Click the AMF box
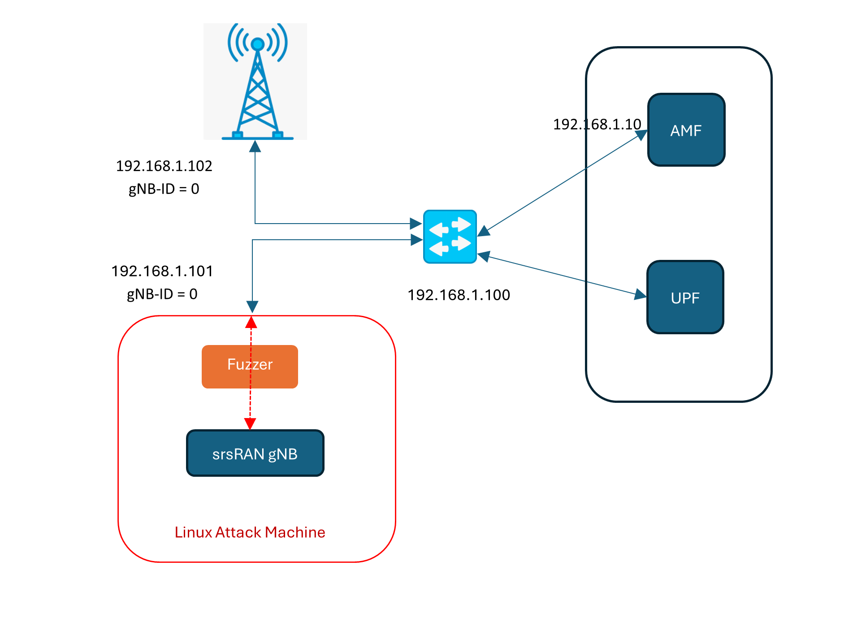(x=686, y=130)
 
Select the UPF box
(x=685, y=297)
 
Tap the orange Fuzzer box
(x=250, y=366)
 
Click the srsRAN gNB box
(x=255, y=453)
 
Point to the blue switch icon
(x=450, y=236)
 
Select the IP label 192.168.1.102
(x=164, y=166)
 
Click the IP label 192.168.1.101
(x=162, y=271)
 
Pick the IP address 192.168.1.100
(x=459, y=295)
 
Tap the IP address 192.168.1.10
(x=597, y=124)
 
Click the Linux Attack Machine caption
(x=250, y=532)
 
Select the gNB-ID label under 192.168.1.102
(x=164, y=189)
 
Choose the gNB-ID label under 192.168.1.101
(x=162, y=294)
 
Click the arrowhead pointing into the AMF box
(x=641, y=134)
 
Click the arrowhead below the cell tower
(x=255, y=146)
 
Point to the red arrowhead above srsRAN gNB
(x=250, y=423)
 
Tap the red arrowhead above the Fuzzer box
(x=251, y=323)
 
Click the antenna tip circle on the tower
(x=257, y=44)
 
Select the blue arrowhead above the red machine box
(x=252, y=306)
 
